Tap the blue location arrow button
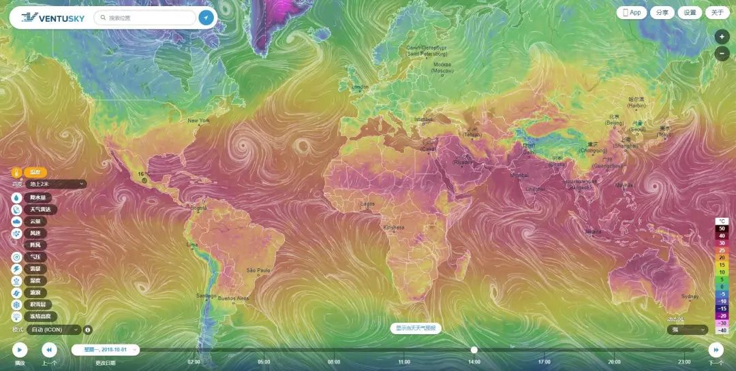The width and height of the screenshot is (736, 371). coord(206,18)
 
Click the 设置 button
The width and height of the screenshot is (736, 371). coord(690,12)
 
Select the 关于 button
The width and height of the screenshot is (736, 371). coord(717,12)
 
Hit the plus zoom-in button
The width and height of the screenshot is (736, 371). coord(722,37)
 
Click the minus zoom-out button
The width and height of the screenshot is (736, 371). coord(722,54)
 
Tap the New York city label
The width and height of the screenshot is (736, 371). coord(198,120)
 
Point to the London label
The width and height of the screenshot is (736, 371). coord(360,86)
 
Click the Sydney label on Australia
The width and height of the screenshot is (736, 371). coord(690,296)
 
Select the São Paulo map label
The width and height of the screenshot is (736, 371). coord(259,270)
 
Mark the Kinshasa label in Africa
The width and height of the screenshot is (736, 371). coord(394,227)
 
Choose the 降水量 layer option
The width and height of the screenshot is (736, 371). coord(37,197)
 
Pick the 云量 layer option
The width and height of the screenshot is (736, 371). coord(34,221)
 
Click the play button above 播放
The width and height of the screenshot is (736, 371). coord(20,350)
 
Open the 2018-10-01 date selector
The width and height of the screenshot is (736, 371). coord(106,349)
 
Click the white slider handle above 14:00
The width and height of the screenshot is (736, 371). coord(474,350)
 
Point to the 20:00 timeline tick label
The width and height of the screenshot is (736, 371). coord(614,362)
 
